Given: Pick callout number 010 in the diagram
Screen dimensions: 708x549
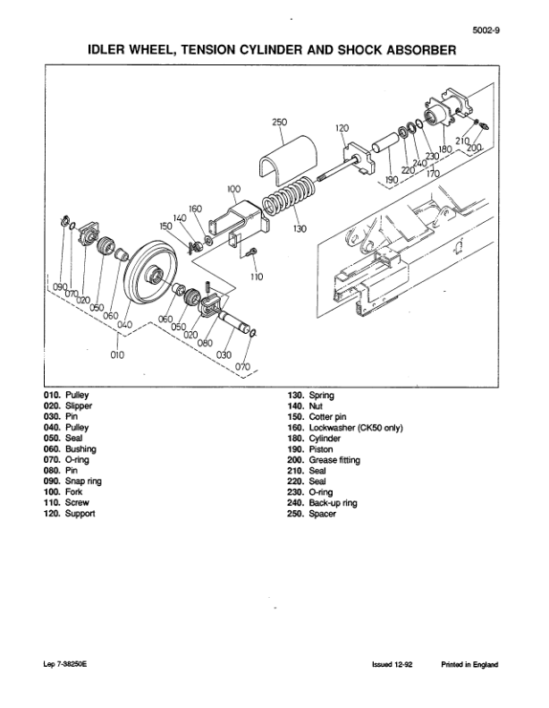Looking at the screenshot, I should pyautogui.click(x=115, y=354).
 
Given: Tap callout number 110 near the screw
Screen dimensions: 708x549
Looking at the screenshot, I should pyautogui.click(x=258, y=277).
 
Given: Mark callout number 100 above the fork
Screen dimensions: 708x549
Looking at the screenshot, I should pyautogui.click(x=233, y=190).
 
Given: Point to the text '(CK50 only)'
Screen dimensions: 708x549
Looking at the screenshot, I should pyautogui.click(x=374, y=428).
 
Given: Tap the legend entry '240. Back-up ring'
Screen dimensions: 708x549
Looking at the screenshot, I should pyautogui.click(x=321, y=503).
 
